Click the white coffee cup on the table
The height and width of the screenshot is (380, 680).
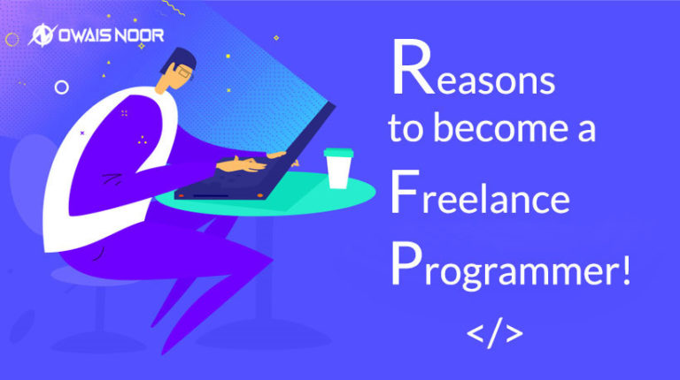pos(337,169)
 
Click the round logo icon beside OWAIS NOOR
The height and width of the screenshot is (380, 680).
pos(41,36)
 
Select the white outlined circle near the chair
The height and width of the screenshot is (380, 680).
pos(61,87)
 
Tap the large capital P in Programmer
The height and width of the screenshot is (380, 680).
pos(404,262)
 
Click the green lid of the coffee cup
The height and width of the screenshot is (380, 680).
pos(337,153)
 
